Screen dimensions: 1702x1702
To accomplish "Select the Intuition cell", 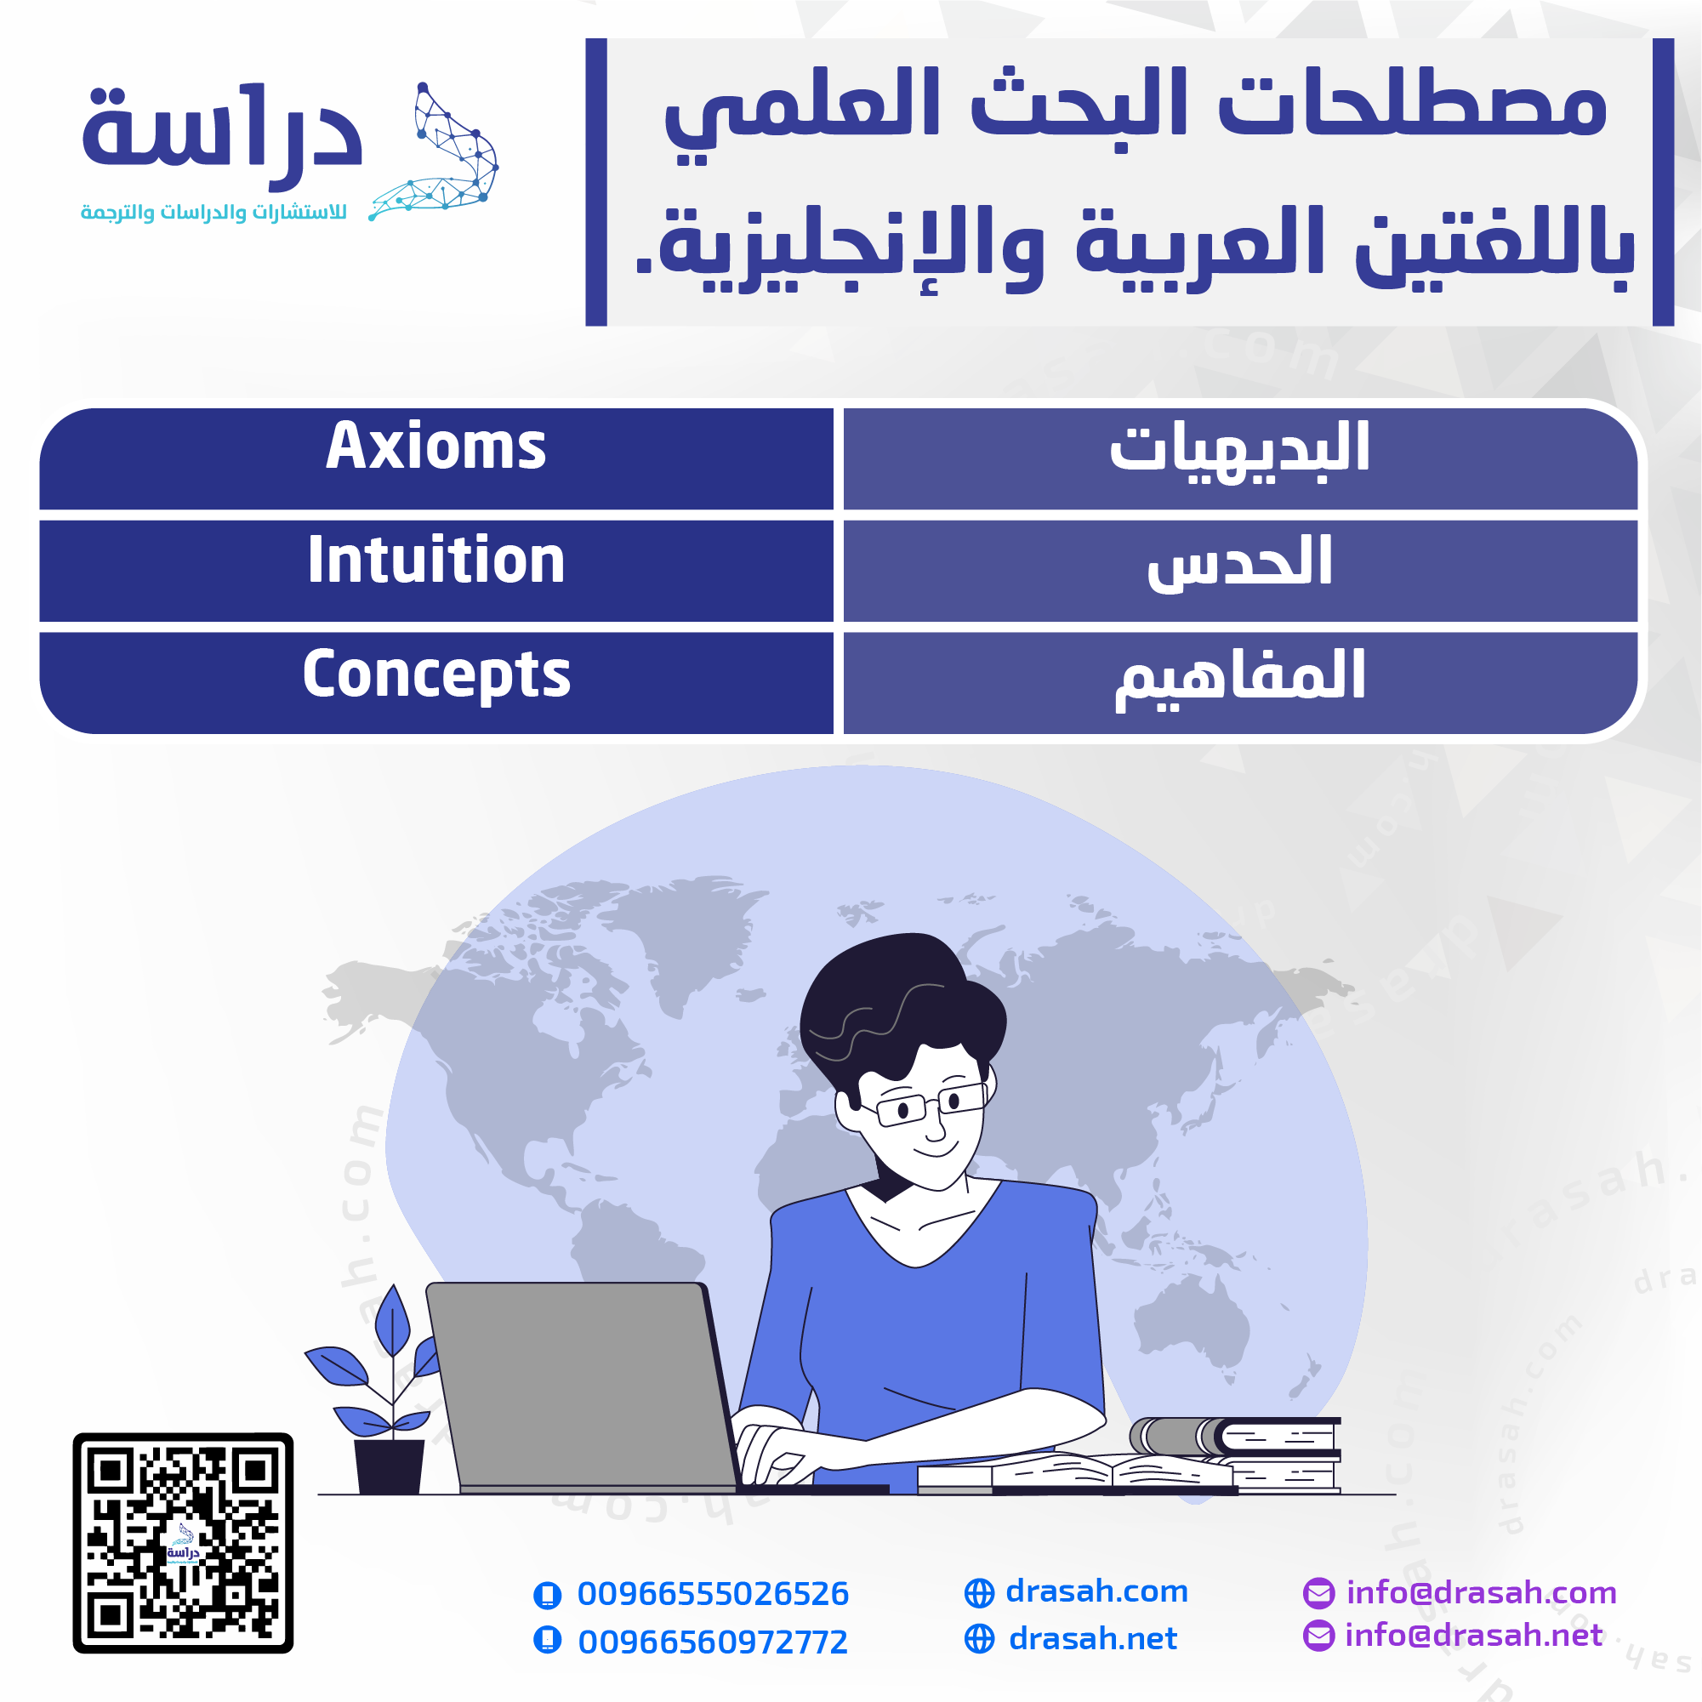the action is point(436,571).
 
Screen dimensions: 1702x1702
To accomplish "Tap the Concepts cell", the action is point(436,683).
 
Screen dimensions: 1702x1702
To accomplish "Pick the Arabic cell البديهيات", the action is point(1240,458).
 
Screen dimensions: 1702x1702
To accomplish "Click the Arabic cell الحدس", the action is point(1240,571).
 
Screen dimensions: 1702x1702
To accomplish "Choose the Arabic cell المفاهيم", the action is point(1240,683).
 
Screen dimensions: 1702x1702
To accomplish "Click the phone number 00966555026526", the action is point(713,1594).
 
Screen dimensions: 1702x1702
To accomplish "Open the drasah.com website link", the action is point(1096,1591).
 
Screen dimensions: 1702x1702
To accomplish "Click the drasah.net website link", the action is point(1092,1638).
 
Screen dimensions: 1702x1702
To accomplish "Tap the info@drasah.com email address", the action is point(1482,1593).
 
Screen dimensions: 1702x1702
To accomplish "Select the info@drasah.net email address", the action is point(1474,1635).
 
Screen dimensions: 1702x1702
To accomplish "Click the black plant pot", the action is point(389,1466).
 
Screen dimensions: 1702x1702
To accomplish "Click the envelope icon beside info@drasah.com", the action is point(1318,1593).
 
